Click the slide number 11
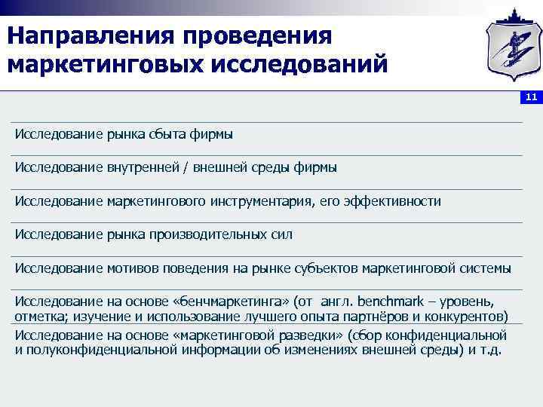531,97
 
